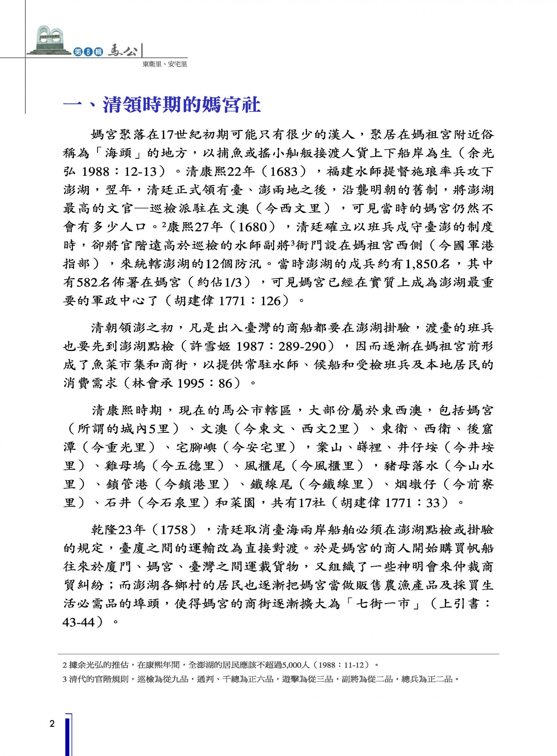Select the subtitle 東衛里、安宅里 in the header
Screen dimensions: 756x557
(x=165, y=64)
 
